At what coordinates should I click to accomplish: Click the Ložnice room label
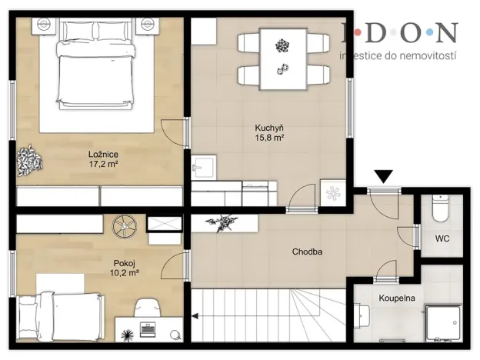click(102, 154)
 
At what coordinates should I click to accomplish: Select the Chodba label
click(306, 252)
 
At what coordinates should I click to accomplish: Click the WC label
click(442, 238)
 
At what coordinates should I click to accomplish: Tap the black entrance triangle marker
click(382, 177)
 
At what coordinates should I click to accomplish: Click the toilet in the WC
click(441, 208)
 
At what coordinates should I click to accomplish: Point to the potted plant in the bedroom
click(31, 159)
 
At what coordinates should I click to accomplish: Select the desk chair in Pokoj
click(148, 308)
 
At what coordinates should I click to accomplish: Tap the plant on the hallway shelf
click(222, 222)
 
